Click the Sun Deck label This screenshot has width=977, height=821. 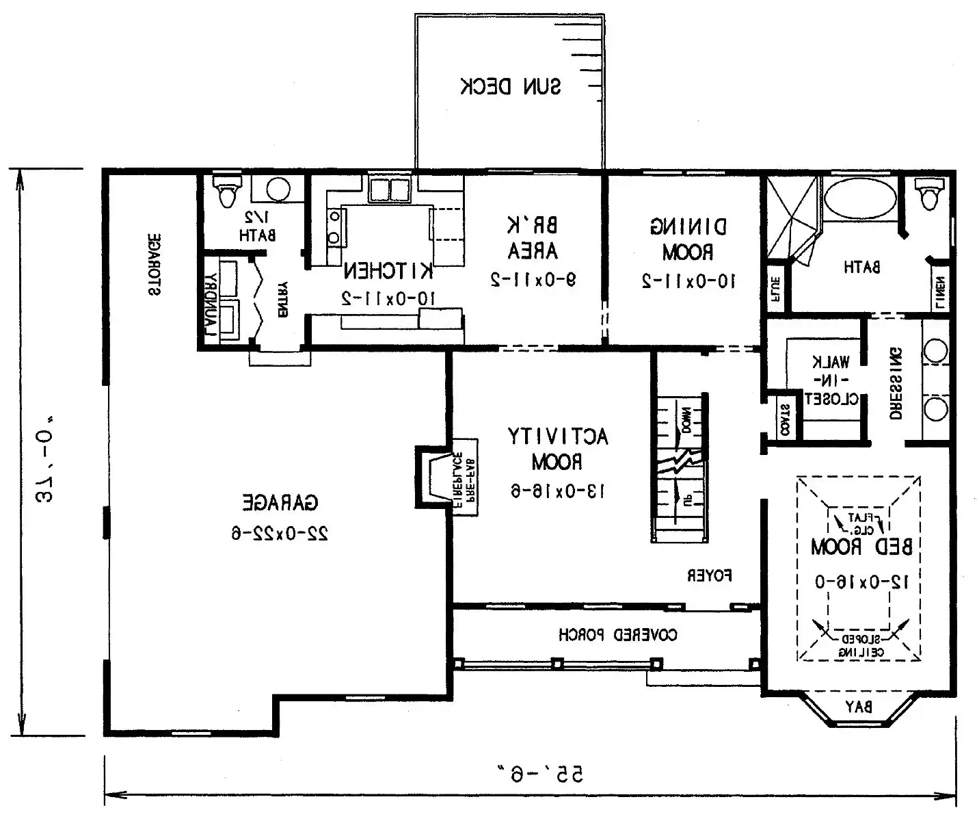pyautogui.click(x=510, y=87)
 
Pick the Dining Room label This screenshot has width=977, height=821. pyautogui.click(x=688, y=239)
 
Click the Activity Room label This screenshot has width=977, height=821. pyautogui.click(x=557, y=449)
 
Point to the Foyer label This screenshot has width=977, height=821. pyautogui.click(x=710, y=576)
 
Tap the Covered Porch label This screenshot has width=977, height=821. pyautogui.click(x=618, y=635)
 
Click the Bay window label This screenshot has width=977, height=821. pyautogui.click(x=858, y=707)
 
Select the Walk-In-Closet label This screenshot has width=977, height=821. pyautogui.click(x=828, y=380)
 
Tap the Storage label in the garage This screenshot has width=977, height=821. pyautogui.click(x=155, y=264)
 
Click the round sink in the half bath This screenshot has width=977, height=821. pyautogui.click(x=277, y=190)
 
